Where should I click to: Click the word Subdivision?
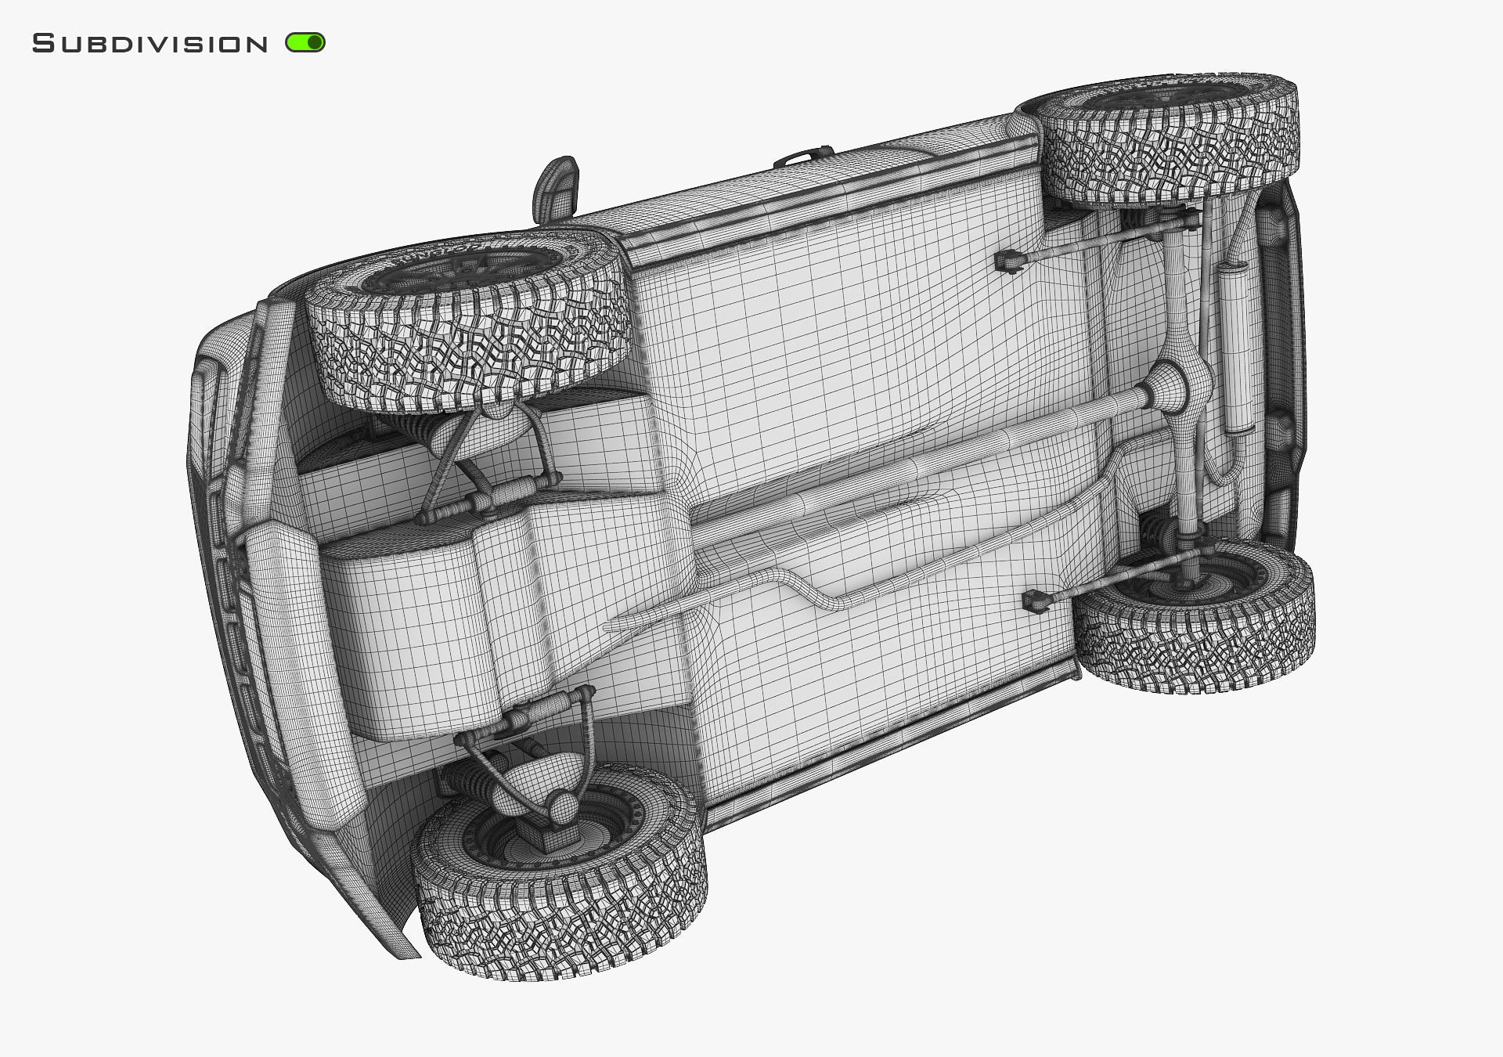[150, 44]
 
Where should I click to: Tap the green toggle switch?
[305, 42]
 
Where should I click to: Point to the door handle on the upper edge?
[804, 156]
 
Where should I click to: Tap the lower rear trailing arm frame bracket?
[1036, 601]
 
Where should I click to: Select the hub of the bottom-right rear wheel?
[1198, 579]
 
